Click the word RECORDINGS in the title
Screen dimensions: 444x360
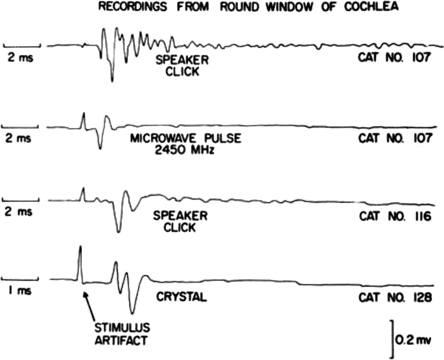[126, 6]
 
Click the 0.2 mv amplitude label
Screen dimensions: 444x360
[416, 339]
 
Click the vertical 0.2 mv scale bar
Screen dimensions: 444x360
[392, 338]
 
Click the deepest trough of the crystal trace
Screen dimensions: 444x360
[132, 311]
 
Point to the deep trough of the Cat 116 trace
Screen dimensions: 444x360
[118, 230]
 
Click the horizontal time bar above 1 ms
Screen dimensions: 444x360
[22, 279]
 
